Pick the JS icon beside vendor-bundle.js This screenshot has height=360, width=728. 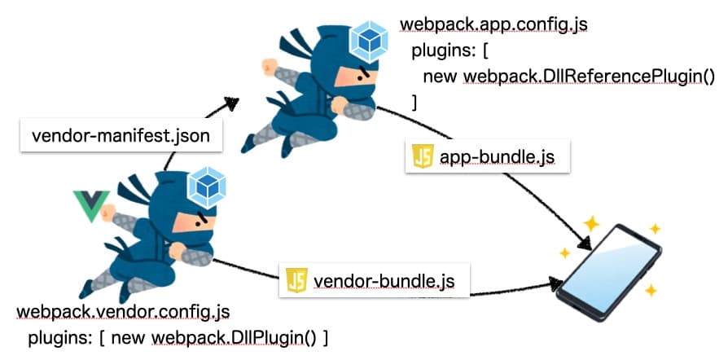coord(296,281)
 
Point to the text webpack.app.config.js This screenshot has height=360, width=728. coord(493,25)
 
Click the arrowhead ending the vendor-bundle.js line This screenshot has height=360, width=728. coord(555,283)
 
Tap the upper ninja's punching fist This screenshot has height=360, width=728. coord(270,64)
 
